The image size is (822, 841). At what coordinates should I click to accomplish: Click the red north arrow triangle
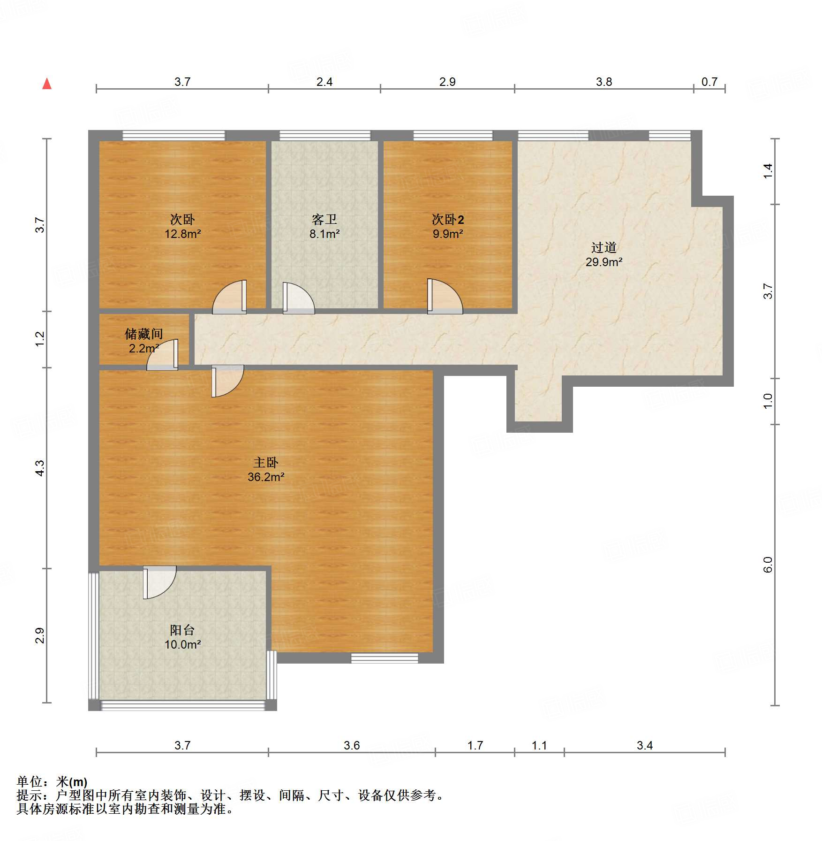(47, 84)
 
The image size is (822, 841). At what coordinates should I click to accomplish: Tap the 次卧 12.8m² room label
(182, 227)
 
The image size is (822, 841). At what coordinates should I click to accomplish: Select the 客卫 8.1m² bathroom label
(324, 227)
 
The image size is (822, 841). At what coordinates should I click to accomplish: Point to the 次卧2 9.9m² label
(448, 227)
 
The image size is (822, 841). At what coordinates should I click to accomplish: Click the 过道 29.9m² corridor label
(604, 255)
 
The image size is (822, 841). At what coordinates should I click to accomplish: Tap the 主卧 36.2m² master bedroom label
(266, 470)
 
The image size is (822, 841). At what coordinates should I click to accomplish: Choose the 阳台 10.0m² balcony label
(182, 637)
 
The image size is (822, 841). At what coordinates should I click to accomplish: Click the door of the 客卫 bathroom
(299, 298)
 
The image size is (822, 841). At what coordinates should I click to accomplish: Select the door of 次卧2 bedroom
(445, 297)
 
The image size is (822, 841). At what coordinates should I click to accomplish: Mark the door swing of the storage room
(162, 355)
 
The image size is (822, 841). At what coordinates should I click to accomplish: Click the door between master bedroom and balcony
(159, 582)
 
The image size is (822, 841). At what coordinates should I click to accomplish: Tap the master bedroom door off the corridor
(227, 381)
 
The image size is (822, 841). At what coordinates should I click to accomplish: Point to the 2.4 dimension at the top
(324, 82)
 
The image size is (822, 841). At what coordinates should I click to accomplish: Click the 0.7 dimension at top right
(709, 82)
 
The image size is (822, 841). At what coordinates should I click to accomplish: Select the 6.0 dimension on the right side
(768, 565)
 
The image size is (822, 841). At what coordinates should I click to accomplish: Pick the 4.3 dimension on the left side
(40, 468)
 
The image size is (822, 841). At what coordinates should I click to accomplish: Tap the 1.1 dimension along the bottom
(539, 746)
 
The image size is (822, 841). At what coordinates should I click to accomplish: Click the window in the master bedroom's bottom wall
(385, 658)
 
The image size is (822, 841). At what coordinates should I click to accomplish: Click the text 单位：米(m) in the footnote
(52, 782)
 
